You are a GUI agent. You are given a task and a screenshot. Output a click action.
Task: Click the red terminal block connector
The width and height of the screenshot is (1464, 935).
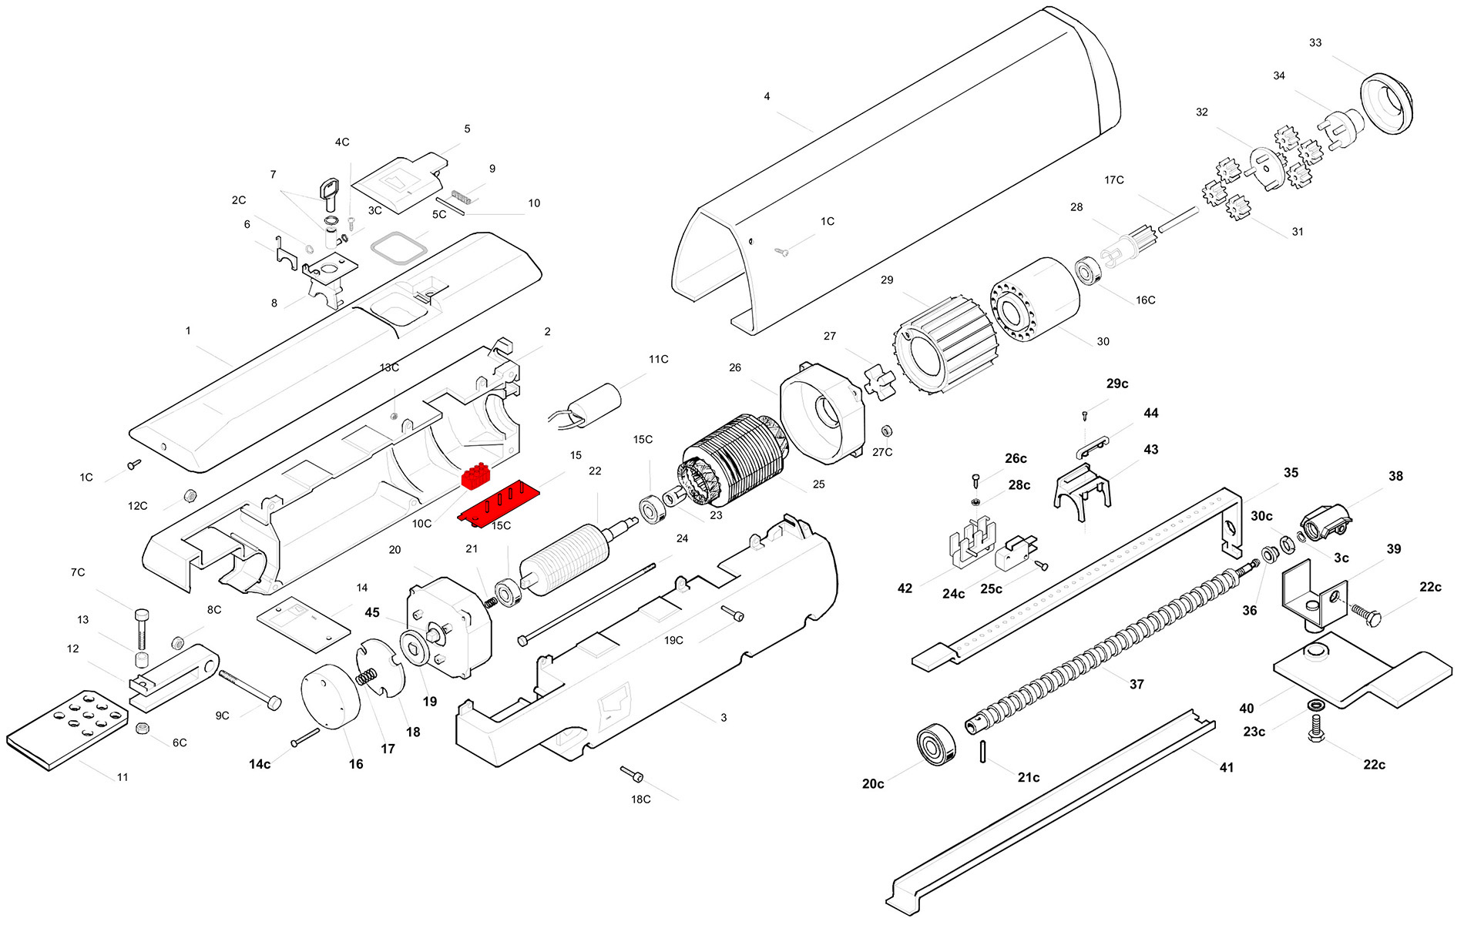tap(476, 477)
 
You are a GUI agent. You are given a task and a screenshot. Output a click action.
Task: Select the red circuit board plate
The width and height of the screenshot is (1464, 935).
tap(499, 504)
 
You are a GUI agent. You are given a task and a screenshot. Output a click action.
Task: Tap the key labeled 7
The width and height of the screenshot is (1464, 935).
tap(330, 193)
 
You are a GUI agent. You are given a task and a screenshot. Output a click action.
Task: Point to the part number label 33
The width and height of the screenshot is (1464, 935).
tap(1315, 43)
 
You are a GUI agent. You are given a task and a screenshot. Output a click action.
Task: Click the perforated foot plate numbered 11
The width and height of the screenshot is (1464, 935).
tap(67, 729)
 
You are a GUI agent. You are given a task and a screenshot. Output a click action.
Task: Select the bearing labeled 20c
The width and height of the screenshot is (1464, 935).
tap(935, 744)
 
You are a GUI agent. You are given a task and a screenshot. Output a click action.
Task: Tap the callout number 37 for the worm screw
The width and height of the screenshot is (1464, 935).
tap(1137, 684)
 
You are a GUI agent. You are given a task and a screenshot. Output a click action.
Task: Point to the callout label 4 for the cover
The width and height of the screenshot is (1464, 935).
tap(767, 97)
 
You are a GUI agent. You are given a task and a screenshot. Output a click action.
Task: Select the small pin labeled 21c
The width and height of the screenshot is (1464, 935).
tap(984, 751)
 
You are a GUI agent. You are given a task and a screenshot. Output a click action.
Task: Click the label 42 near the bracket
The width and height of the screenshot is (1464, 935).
tap(905, 588)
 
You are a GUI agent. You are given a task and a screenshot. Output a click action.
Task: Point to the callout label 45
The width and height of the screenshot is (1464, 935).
tap(372, 613)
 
